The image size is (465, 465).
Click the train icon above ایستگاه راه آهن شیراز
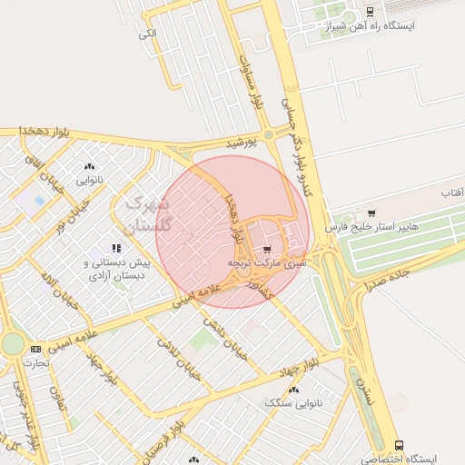(370, 12)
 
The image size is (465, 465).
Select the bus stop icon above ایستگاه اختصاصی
(399, 445)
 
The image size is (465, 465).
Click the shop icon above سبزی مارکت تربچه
(266, 249)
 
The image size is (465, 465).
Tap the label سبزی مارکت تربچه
(267, 262)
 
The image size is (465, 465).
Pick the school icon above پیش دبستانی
(115, 248)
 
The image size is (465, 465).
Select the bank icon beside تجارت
(35, 348)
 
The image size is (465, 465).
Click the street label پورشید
(242, 143)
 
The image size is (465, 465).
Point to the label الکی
(148, 34)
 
